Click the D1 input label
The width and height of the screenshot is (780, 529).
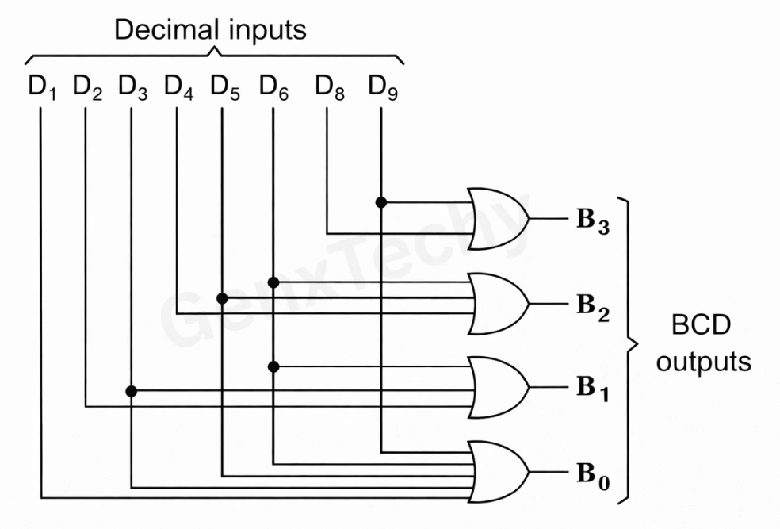point(42,87)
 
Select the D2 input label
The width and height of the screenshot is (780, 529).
point(87,87)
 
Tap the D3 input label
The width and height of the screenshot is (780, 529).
point(132,87)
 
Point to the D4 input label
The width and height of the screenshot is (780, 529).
point(178,87)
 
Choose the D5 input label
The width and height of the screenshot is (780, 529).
point(224,87)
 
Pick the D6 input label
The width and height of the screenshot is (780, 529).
point(273,87)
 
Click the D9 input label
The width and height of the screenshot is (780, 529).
point(383,87)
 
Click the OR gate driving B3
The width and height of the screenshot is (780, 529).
point(498,219)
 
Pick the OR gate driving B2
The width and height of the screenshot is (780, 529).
point(498,305)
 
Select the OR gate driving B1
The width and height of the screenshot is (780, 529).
point(498,388)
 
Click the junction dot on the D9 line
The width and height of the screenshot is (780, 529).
point(381,202)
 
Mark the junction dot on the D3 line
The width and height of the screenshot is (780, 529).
point(132,391)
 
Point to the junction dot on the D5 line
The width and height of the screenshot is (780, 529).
point(222,298)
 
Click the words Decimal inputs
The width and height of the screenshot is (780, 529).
point(210,31)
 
